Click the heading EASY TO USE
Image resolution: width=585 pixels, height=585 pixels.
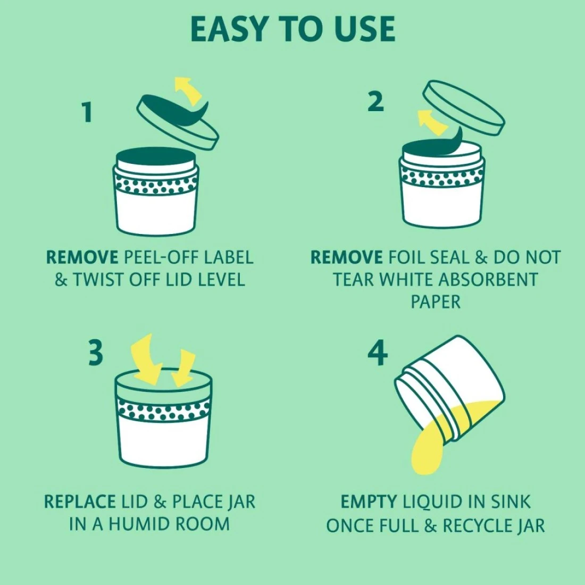click(292, 29)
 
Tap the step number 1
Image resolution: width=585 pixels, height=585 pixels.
click(87, 112)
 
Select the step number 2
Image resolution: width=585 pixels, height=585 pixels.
click(375, 101)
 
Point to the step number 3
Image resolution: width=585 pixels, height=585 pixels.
click(96, 354)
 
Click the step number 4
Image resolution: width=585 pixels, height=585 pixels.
click(378, 354)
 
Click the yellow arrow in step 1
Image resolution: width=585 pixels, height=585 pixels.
click(188, 90)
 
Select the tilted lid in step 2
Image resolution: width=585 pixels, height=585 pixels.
click(464, 107)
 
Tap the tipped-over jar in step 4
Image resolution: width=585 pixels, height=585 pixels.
click(449, 390)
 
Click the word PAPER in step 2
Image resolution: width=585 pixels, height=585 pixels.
click(436, 302)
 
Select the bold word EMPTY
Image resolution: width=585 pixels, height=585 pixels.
click(369, 502)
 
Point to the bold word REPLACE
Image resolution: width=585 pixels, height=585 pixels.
click(80, 502)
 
